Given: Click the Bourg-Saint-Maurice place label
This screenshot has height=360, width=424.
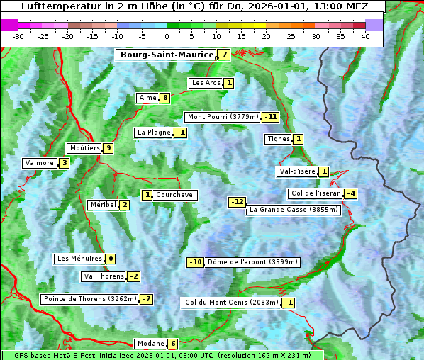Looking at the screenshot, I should (x=167, y=55).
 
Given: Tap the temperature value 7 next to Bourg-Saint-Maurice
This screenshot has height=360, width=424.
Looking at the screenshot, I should (x=224, y=55).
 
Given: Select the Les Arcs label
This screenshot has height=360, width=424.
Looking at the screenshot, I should (x=207, y=83).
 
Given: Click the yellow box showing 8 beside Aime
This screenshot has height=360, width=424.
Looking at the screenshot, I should (x=164, y=98).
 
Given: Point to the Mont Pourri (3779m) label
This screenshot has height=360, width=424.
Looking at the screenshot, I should (x=223, y=117).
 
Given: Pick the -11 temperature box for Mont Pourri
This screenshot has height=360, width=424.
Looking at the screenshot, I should (x=270, y=117).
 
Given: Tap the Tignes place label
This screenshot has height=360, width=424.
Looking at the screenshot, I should (x=279, y=139).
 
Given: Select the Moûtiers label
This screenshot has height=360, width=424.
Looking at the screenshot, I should (x=85, y=148).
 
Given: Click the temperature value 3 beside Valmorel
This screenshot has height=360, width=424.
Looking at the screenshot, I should (x=65, y=163).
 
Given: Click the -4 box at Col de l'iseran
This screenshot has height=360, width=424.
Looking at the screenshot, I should (x=350, y=193).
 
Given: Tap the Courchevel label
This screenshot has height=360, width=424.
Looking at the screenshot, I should (x=175, y=195).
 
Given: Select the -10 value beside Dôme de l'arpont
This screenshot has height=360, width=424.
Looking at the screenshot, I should (x=195, y=262).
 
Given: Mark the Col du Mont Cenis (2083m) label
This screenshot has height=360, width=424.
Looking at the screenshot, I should (x=230, y=303).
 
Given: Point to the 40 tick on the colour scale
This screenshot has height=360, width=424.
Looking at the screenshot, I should (x=365, y=36).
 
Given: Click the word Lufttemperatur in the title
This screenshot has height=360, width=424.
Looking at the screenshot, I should (x=53, y=6).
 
